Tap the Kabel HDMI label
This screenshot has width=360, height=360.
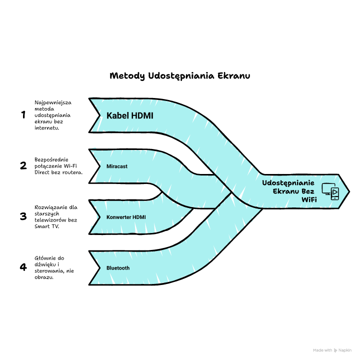point(129,116)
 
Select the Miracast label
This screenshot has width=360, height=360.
point(117,166)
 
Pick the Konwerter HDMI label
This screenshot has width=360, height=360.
point(126,217)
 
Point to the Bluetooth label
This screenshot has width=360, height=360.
point(118,268)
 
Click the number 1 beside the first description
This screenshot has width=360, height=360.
point(23,115)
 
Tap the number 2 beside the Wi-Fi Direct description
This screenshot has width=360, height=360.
point(23,165)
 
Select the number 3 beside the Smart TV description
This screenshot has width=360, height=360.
point(23,216)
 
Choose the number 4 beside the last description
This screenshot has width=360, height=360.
point(23,267)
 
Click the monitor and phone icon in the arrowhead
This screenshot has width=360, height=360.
point(330,191)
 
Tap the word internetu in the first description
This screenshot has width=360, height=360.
point(47,128)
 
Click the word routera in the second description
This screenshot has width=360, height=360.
point(71,172)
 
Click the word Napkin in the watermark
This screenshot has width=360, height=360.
point(345,350)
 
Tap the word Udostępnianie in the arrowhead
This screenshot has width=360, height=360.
point(288,183)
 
